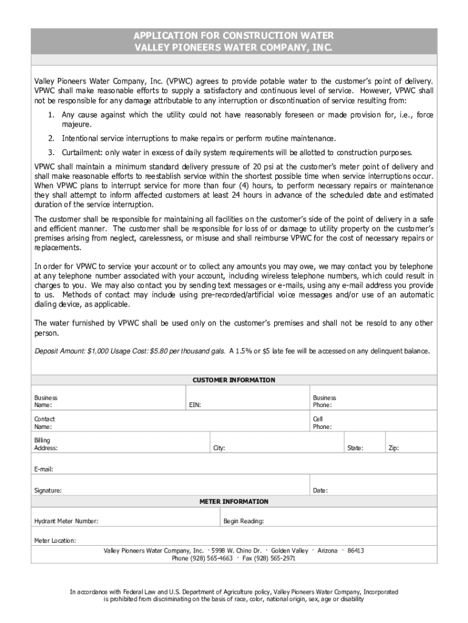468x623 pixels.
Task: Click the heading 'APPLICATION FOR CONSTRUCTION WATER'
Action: tap(234, 35)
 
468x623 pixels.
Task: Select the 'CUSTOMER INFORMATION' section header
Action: tap(234, 380)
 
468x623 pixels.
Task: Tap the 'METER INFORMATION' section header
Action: tap(234, 501)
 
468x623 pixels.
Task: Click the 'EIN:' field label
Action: tap(195, 405)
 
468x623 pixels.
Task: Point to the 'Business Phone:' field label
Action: tap(324, 402)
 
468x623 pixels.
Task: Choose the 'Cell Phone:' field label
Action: tap(322, 423)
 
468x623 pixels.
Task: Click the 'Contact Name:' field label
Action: tap(44, 423)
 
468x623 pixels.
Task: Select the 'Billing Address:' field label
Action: tap(46, 444)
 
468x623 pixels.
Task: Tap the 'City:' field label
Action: tap(219, 448)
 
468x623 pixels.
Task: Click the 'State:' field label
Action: tap(355, 448)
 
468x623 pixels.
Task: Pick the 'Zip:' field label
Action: tap(393, 448)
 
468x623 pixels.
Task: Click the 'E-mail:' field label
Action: tap(44, 469)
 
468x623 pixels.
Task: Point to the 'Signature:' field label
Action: tap(47, 490)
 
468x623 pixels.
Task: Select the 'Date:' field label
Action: tap(320, 490)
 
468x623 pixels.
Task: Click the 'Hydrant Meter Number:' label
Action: tap(66, 521)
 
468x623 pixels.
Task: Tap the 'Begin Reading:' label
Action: tap(244, 521)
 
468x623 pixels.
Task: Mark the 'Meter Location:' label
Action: tap(55, 540)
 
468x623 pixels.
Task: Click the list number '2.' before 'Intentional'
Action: tap(52, 138)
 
